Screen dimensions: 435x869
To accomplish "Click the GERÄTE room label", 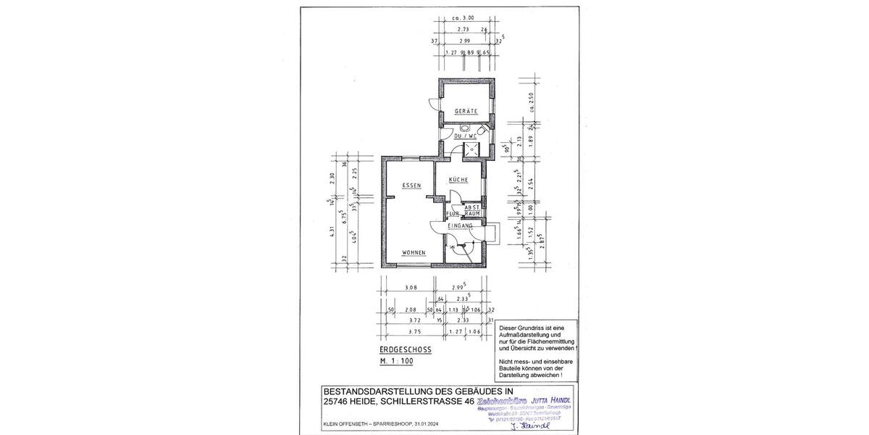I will point(466,111).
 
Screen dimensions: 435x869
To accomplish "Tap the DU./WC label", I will point(464,136).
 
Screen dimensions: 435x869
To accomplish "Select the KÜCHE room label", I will point(458,179).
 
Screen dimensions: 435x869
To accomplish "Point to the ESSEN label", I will point(411,186).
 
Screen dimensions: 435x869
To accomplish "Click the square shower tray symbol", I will point(472,149).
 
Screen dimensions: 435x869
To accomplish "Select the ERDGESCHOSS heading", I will point(406,349).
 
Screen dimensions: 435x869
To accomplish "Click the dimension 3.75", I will point(413,331).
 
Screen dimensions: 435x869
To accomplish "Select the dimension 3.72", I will point(413,319).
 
